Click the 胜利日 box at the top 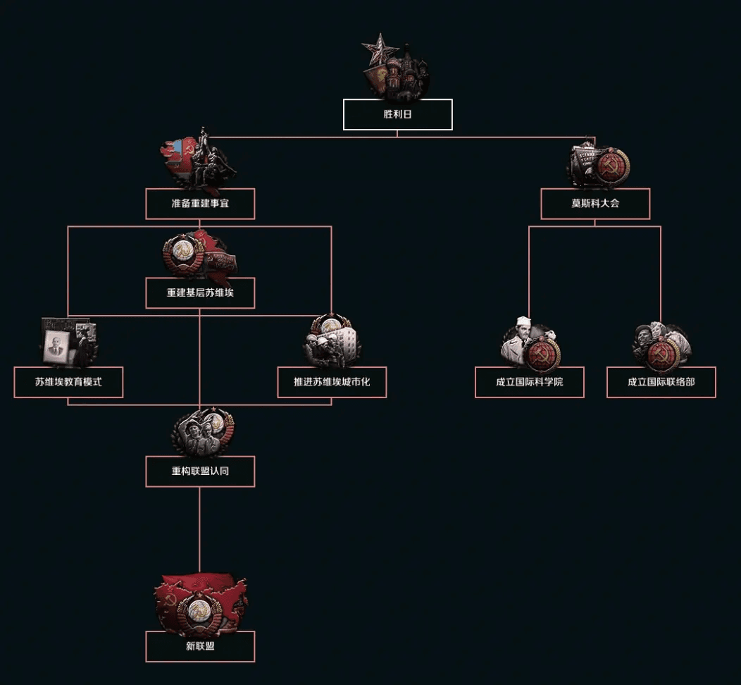click(397, 114)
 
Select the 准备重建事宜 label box click(200, 204)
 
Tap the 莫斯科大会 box click(595, 204)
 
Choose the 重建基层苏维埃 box click(200, 293)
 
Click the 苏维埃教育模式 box click(68, 382)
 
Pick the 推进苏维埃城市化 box click(332, 382)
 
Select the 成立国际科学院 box click(529, 382)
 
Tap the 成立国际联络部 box click(661, 382)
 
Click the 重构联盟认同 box click(200, 471)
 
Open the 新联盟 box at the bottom click(200, 646)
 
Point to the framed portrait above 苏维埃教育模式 click(55, 347)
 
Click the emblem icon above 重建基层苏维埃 click(199, 255)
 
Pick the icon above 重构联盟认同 click(202, 432)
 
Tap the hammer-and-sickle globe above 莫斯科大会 click(613, 166)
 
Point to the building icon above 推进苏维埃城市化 click(332, 341)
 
